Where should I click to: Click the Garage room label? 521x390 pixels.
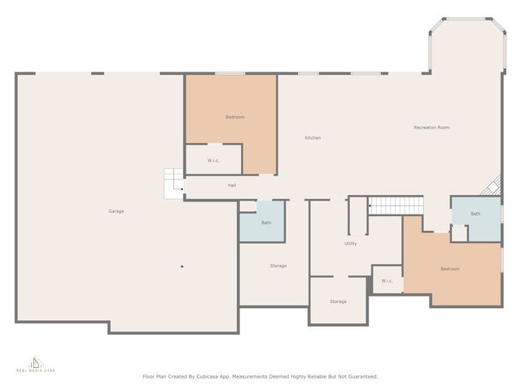pos(116,211)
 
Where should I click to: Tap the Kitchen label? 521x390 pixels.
pos(313,138)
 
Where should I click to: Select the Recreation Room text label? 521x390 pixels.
pos(431,128)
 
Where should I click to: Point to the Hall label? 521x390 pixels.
pos(232,185)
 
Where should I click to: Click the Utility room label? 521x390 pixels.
pos(351,243)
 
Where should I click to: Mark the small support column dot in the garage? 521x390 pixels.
pos(182,266)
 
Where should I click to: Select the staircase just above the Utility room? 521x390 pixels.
pos(396,206)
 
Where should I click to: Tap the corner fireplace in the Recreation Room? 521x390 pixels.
pos(492,188)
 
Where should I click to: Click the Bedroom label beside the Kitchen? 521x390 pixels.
pos(234,117)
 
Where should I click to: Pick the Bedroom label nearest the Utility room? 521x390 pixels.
pos(450,269)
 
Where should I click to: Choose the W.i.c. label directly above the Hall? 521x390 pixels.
pos(213,160)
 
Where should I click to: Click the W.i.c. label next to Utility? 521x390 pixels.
pos(387,281)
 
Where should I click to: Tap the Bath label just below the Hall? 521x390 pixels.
pos(266,223)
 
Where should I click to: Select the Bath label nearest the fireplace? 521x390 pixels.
pos(475,214)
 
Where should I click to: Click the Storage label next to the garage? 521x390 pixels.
pos(278,266)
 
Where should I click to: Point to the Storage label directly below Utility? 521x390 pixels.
pos(338,301)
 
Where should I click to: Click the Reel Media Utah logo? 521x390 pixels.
pos(34,365)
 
